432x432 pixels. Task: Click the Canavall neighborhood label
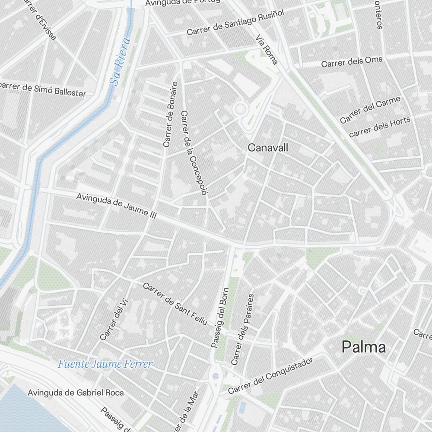[268, 148]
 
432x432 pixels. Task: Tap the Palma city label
[364, 347]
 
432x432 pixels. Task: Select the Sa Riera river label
[120, 62]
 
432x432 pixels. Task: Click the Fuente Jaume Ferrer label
[105, 364]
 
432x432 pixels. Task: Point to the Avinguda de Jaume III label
[116, 206]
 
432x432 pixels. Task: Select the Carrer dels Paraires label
[243, 329]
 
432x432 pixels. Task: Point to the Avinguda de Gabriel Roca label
[76, 393]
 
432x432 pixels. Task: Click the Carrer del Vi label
[111, 323]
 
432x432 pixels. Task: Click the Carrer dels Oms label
[352, 62]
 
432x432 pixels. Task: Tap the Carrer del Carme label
[370, 110]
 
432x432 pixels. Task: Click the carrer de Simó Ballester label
[43, 89]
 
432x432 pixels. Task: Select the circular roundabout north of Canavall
[239, 110]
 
